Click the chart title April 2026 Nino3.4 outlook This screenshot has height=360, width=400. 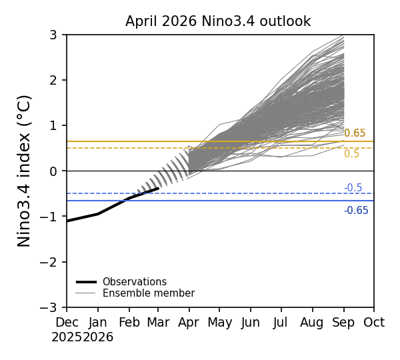click(218, 21)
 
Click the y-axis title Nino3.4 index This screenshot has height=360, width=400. click(25, 171)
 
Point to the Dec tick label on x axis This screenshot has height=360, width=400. click(67, 323)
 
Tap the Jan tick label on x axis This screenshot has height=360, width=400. click(98, 323)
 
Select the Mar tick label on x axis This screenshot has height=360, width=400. click(158, 323)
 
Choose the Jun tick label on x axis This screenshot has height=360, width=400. click(251, 323)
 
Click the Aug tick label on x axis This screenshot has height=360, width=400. click(312, 323)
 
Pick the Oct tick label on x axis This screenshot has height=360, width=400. click(373, 323)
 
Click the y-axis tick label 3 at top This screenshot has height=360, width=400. click(53, 35)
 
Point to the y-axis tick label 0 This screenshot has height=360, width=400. click(53, 171)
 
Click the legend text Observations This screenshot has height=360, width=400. click(134, 282)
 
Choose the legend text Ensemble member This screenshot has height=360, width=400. click(148, 293)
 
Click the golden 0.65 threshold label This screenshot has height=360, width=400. click(355, 133)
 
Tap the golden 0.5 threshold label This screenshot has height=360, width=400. click(351, 154)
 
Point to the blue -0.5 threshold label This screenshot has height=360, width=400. click(353, 188)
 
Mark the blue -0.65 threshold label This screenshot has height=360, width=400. click(356, 211)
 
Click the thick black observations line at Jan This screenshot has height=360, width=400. click(98, 214)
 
